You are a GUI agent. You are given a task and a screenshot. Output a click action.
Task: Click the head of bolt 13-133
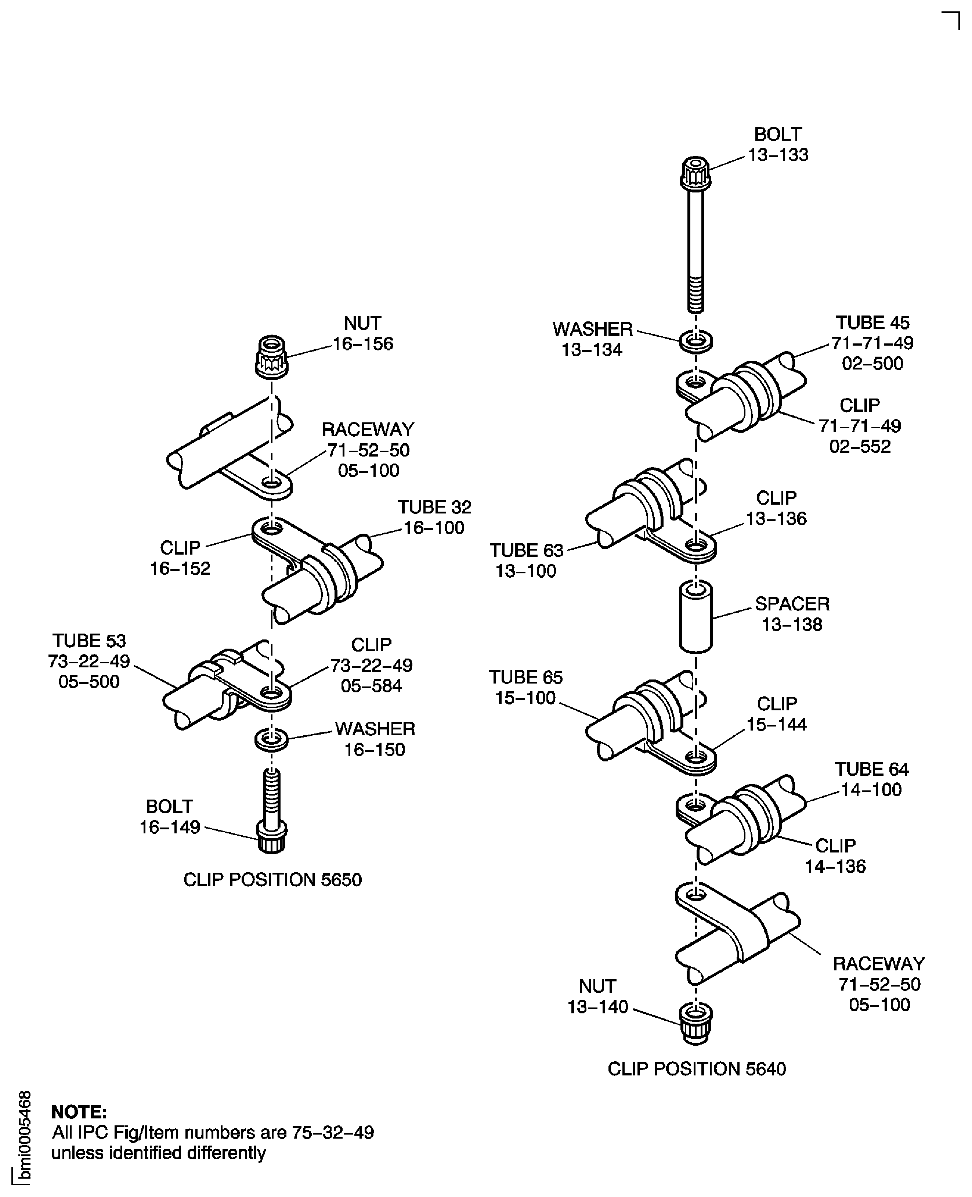(x=695, y=173)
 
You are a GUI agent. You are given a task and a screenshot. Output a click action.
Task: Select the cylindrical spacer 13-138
(x=695, y=617)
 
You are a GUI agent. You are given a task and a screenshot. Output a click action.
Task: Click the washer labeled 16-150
(x=272, y=739)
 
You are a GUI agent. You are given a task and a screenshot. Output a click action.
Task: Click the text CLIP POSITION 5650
(x=273, y=879)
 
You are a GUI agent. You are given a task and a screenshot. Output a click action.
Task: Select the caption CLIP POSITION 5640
(x=697, y=1069)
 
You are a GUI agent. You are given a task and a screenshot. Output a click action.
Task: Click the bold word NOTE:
(x=79, y=1111)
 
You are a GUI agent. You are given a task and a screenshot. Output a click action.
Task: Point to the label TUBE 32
(x=434, y=507)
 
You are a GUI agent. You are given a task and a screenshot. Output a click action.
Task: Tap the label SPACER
(x=792, y=604)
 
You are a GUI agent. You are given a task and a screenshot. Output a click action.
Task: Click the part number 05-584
(x=371, y=686)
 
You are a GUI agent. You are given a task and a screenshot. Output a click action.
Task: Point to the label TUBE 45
(x=872, y=322)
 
